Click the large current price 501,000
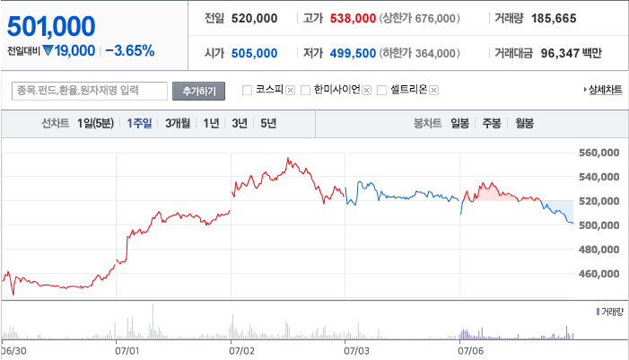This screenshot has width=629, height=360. click(51, 27)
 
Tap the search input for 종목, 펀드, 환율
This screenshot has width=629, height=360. click(90, 91)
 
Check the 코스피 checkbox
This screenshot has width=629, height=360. click(247, 91)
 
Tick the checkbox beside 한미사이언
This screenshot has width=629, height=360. click(305, 91)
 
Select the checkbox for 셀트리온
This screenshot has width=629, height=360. click(382, 91)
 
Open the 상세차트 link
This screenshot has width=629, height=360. click(603, 90)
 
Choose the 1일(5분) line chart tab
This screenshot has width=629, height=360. click(95, 123)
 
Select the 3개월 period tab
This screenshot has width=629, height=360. click(178, 123)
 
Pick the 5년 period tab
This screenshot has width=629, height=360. click(268, 123)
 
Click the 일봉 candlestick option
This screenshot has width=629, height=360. click(459, 123)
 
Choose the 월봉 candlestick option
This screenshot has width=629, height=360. click(524, 123)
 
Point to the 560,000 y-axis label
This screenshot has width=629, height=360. click(598, 153)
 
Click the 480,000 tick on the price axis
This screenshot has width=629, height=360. click(598, 250)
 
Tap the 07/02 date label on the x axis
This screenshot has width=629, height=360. click(241, 351)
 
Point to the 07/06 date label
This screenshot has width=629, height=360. click(470, 351)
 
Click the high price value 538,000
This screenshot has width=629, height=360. click(353, 19)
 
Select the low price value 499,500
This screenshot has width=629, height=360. click(353, 53)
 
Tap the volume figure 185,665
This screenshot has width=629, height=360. click(554, 19)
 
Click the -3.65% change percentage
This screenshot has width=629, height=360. click(129, 51)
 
